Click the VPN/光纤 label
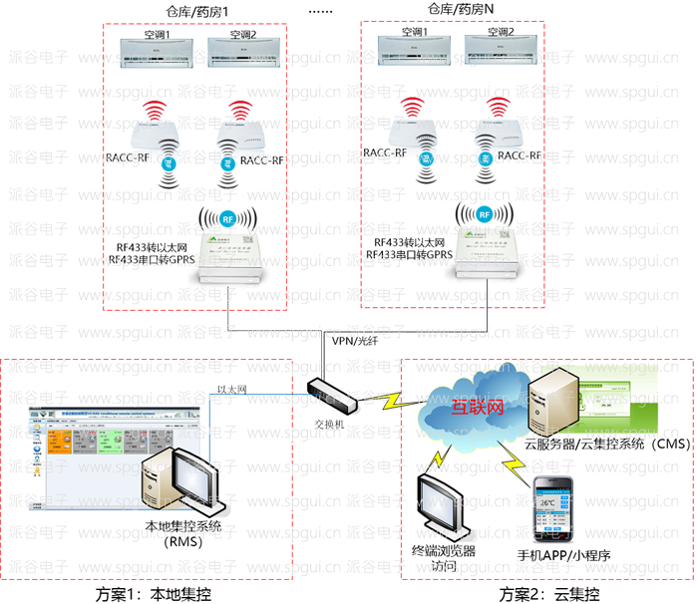pos(353,341)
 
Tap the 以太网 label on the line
pos(231,390)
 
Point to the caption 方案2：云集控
pos(551,594)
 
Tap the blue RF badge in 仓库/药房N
pos(484,213)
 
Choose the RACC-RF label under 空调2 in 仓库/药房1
pos(262,159)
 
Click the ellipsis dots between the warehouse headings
pos(321,10)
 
